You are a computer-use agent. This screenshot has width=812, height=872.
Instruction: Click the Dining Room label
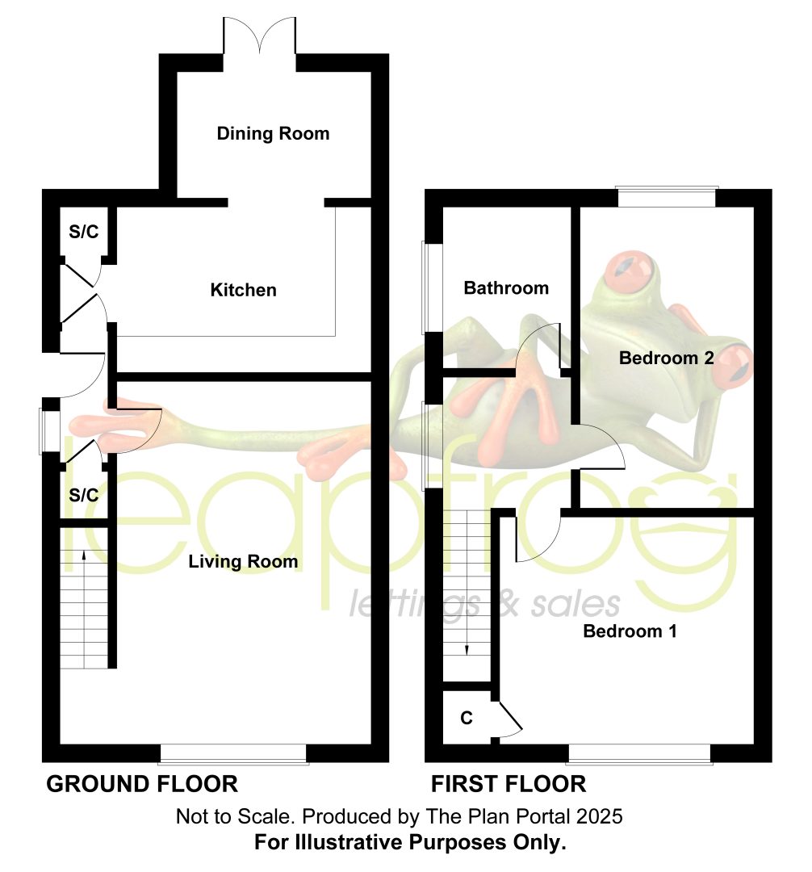click(x=273, y=133)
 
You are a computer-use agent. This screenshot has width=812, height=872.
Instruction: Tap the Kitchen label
click(x=243, y=290)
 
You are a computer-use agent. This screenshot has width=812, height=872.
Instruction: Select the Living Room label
click(x=243, y=561)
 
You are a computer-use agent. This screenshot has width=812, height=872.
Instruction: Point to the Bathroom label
click(x=506, y=287)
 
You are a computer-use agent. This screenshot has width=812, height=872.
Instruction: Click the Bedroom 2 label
click(x=667, y=358)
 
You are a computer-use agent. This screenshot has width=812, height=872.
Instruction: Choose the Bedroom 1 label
click(x=630, y=631)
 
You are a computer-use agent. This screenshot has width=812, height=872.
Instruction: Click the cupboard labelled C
click(x=467, y=718)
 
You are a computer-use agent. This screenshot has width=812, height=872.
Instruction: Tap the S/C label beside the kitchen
click(x=84, y=232)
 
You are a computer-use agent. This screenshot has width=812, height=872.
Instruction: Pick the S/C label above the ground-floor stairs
click(x=84, y=495)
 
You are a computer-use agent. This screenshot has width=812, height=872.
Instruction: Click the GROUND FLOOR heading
click(x=142, y=784)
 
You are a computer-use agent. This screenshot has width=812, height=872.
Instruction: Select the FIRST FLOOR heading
click(x=509, y=784)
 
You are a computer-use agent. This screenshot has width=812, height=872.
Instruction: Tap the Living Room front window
click(x=233, y=755)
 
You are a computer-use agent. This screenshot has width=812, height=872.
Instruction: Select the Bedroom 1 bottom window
click(x=640, y=755)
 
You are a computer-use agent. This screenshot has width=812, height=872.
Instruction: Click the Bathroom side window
click(x=433, y=287)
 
